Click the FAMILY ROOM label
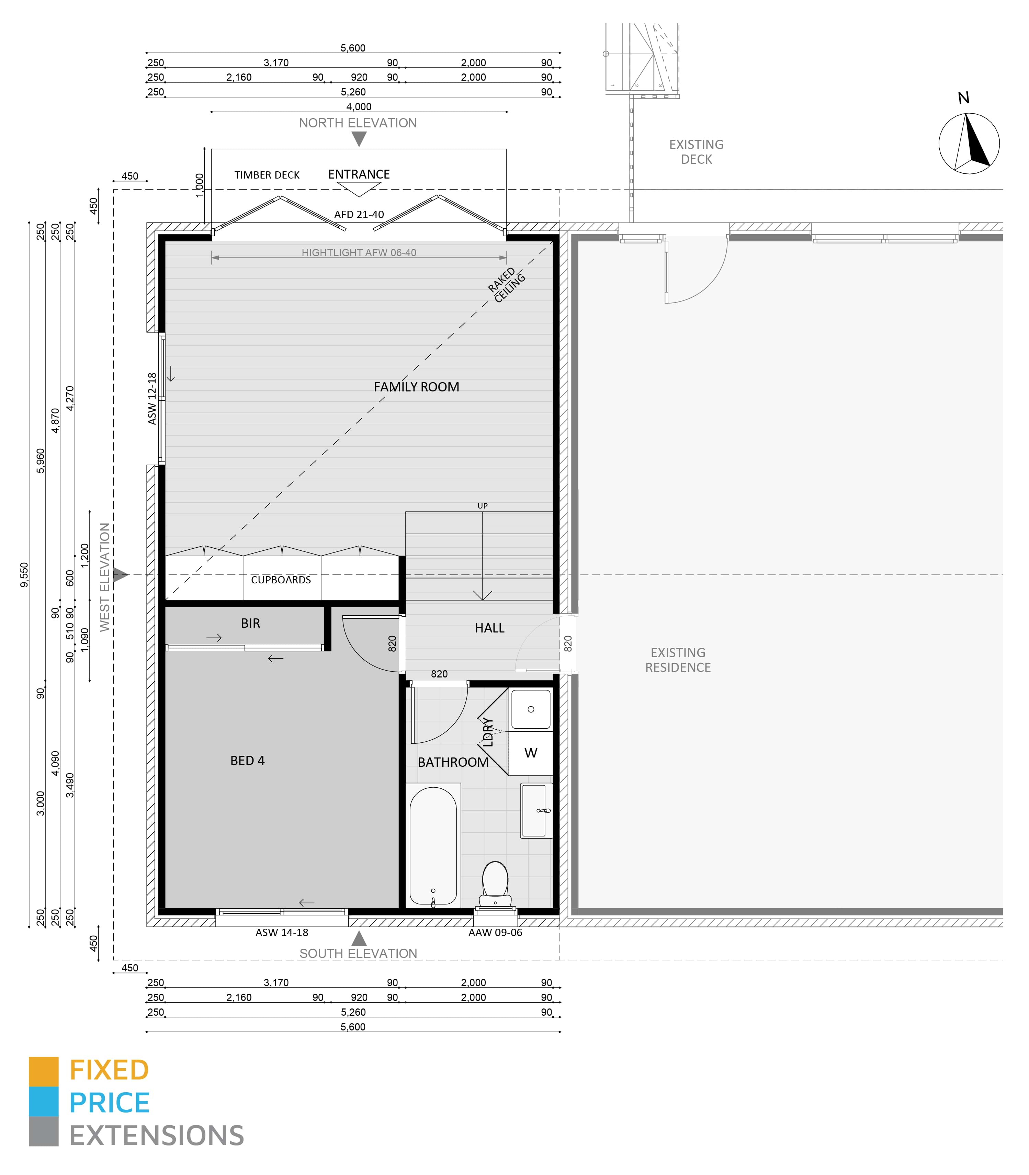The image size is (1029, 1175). [x=416, y=387]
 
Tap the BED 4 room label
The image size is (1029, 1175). [x=248, y=761]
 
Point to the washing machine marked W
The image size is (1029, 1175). [x=531, y=753]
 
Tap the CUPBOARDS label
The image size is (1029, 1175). [x=281, y=580]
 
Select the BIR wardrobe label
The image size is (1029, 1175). [x=250, y=623]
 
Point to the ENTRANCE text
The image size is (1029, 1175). [x=359, y=174]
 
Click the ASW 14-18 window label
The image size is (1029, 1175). [x=282, y=933]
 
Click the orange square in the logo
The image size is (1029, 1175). [x=44, y=1072]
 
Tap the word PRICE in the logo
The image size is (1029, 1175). [x=110, y=1103]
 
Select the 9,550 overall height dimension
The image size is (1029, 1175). [x=24, y=574]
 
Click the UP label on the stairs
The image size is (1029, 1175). [x=482, y=506]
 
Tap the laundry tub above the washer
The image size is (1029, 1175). [x=531, y=709]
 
